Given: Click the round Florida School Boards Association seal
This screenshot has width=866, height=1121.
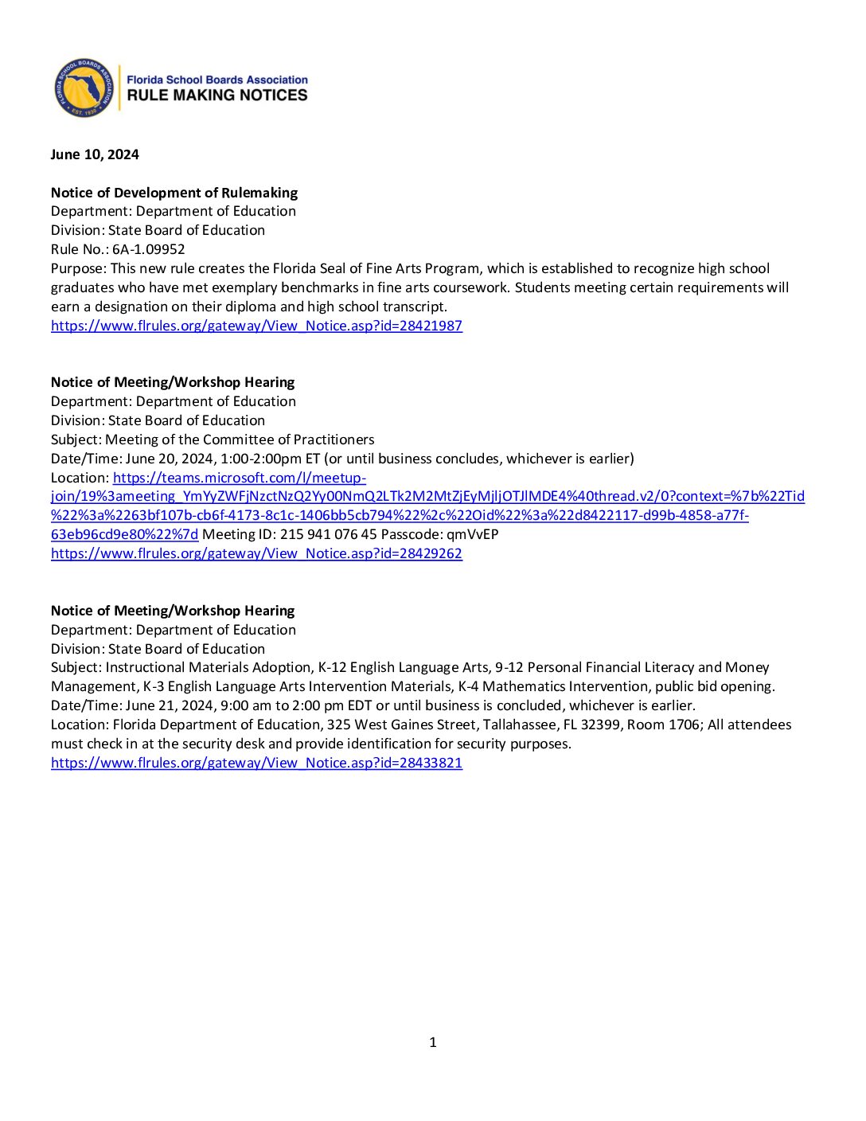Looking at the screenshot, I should pyautogui.click(x=84, y=88).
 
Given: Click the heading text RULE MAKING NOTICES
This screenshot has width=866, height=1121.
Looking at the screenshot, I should pyautogui.click(x=217, y=96).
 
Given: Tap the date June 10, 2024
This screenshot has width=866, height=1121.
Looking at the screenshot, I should pyautogui.click(x=95, y=154).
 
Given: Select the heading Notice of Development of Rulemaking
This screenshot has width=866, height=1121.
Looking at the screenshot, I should pyautogui.click(x=174, y=193).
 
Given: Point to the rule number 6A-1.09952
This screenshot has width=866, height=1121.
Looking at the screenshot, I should pyautogui.click(x=149, y=249).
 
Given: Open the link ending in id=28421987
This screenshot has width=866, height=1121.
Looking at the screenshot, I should pyautogui.click(x=256, y=326).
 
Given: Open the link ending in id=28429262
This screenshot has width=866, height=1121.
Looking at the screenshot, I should pyautogui.click(x=256, y=553).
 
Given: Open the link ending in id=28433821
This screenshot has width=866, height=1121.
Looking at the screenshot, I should pyautogui.click(x=256, y=763).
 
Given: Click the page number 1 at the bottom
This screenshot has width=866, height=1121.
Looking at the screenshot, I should pyautogui.click(x=433, y=1042).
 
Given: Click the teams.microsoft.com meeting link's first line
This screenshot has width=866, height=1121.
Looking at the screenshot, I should pyautogui.click(x=240, y=478).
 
